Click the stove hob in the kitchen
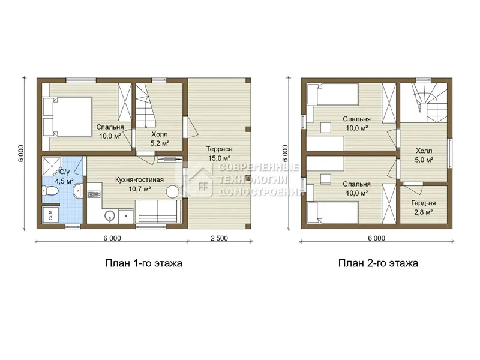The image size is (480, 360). (94, 193)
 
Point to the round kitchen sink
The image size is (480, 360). (110, 216)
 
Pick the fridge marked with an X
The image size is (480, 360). (126, 216)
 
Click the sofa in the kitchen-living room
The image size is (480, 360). (158, 212)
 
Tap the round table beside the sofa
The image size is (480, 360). (172, 192)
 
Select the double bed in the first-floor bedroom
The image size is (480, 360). (68, 116)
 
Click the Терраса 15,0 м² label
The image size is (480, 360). (219, 154)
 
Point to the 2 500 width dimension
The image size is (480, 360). (219, 238)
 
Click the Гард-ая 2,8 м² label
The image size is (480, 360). (424, 208)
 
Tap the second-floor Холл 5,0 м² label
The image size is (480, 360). (424, 155)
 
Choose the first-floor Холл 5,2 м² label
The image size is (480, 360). (160, 139)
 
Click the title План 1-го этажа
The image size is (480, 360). (143, 263)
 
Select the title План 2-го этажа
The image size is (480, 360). (378, 263)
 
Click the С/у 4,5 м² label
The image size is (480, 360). (64, 176)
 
